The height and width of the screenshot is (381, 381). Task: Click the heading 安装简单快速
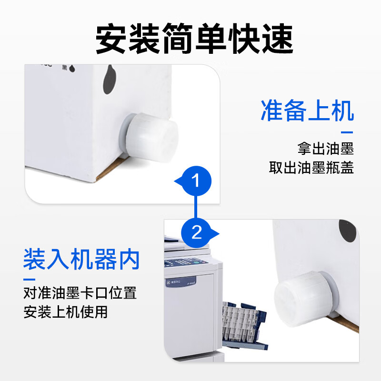tap(194, 38)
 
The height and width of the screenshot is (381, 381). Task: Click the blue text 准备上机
tap(307, 111)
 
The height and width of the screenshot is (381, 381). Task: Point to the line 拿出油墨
tap(326, 149)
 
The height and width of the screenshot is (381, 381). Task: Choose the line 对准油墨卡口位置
tap(80, 292)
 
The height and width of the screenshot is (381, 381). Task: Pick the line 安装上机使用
tap(66, 312)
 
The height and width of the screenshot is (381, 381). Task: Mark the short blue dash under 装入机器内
tap(30, 279)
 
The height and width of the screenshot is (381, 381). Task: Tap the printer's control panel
tap(189, 261)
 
